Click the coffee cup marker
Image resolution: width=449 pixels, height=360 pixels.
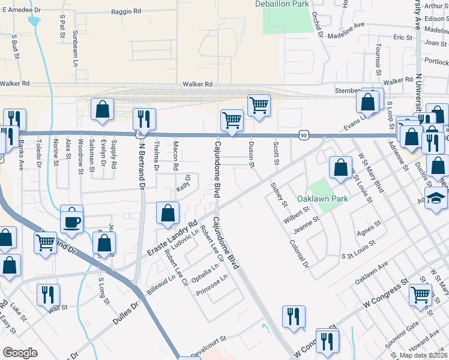72,221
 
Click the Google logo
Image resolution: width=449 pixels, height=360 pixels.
20,353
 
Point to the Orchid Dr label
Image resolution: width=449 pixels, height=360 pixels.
318,27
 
